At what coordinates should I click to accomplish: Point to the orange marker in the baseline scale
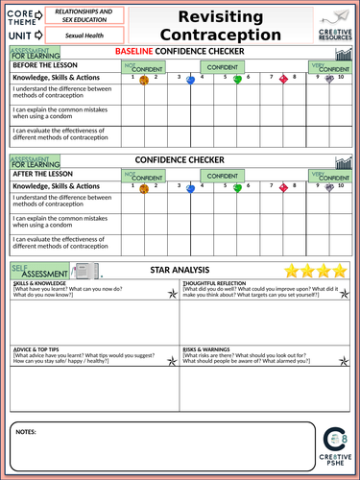(x=144, y=81)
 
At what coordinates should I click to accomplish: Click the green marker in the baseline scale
(x=238, y=80)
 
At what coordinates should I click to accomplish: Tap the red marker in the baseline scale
(x=282, y=81)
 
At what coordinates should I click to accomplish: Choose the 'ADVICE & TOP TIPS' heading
(x=37, y=349)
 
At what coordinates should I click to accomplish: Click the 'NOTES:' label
(x=28, y=433)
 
